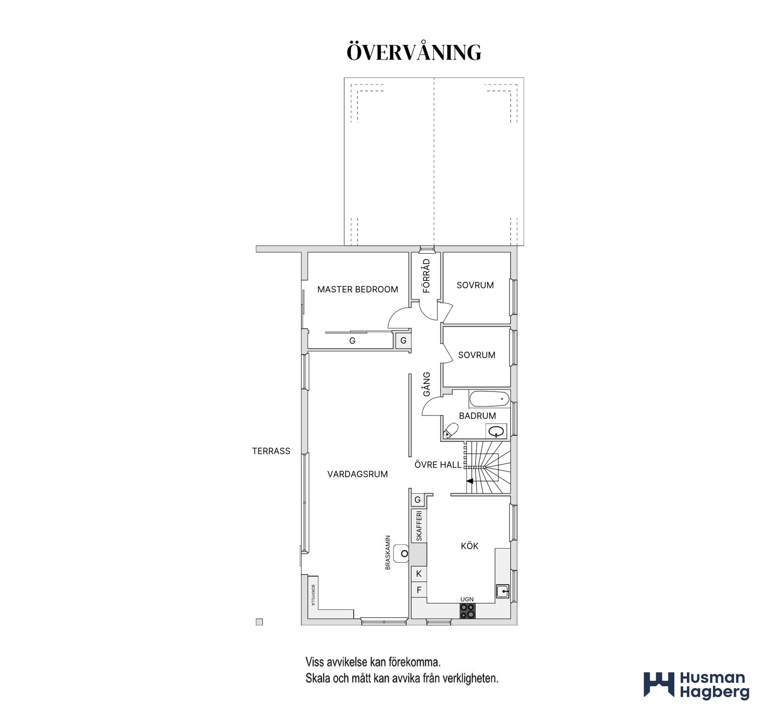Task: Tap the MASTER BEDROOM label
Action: (x=357, y=289)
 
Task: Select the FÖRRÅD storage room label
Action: (x=426, y=276)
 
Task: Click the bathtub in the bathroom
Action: (x=489, y=399)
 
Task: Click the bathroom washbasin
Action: (x=496, y=431)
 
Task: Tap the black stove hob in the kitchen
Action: (x=467, y=611)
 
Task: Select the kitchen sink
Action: (x=502, y=591)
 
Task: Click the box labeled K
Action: (x=419, y=574)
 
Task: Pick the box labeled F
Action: (x=419, y=589)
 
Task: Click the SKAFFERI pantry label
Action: (x=419, y=526)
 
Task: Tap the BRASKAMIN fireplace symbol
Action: (x=402, y=553)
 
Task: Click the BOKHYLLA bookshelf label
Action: (x=313, y=595)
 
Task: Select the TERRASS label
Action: (x=271, y=451)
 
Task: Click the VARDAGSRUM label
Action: (x=357, y=474)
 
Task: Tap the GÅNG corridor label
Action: (x=426, y=384)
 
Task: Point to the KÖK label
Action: (x=469, y=546)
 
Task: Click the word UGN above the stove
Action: (x=467, y=599)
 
